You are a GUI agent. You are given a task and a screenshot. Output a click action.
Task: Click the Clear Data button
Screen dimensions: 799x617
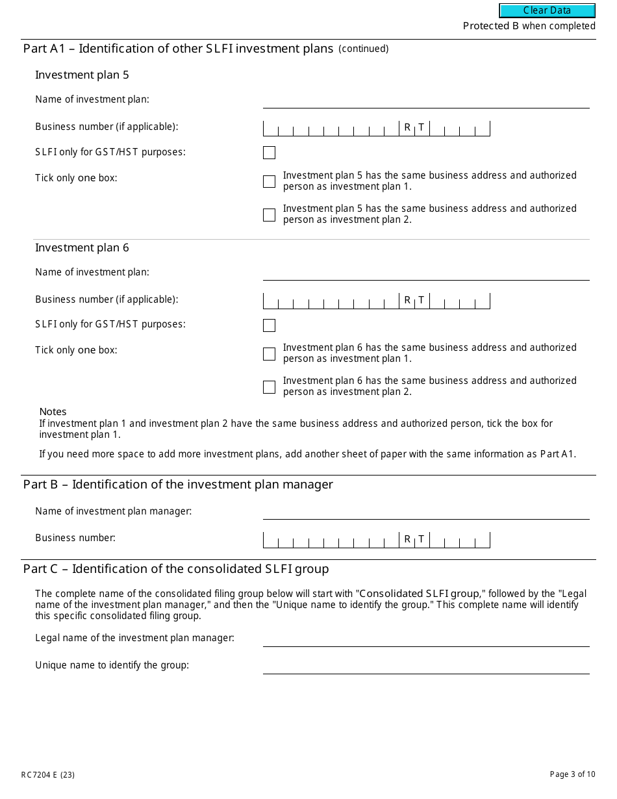tap(547, 10)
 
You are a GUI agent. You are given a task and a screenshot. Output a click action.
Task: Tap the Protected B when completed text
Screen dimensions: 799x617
tap(529, 26)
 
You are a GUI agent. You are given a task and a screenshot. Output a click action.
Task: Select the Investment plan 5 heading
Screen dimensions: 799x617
tap(82, 75)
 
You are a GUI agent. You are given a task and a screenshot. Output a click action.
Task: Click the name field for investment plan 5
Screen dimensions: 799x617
tap(425, 100)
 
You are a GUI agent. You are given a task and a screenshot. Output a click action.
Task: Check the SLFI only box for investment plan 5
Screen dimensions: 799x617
tap(269, 153)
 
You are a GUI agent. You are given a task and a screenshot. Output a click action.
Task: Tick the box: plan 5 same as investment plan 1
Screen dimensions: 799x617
tap(269, 181)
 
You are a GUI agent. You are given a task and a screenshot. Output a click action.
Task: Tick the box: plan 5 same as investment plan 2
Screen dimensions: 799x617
tap(269, 214)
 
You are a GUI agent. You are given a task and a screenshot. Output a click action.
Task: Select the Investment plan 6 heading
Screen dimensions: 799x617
tap(82, 247)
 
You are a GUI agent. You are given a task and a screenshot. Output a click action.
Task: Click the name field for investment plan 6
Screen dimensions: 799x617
tap(425, 273)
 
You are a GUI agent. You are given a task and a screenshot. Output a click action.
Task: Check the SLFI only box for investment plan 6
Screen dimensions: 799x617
tap(269, 325)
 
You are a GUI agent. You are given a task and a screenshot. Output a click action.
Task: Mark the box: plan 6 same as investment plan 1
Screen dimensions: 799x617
tap(269, 353)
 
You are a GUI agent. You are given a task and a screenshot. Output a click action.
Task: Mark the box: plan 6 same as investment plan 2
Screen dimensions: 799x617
tap(269, 387)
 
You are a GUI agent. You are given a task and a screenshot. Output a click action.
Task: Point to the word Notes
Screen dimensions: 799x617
tap(53, 412)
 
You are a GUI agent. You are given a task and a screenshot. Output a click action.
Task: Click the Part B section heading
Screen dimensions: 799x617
tap(178, 484)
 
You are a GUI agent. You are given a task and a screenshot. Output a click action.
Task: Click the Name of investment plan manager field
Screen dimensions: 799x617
tap(425, 512)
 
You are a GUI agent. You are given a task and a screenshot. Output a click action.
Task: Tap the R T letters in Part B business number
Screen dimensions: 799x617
tap(414, 539)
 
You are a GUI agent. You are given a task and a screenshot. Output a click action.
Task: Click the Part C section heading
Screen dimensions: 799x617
tap(176, 569)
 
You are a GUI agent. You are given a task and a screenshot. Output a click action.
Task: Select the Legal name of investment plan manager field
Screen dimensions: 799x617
tap(425, 639)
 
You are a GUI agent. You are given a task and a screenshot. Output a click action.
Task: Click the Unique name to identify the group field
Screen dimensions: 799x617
tap(425, 666)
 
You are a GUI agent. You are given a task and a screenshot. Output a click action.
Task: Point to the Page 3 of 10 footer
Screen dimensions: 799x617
tap(572, 774)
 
